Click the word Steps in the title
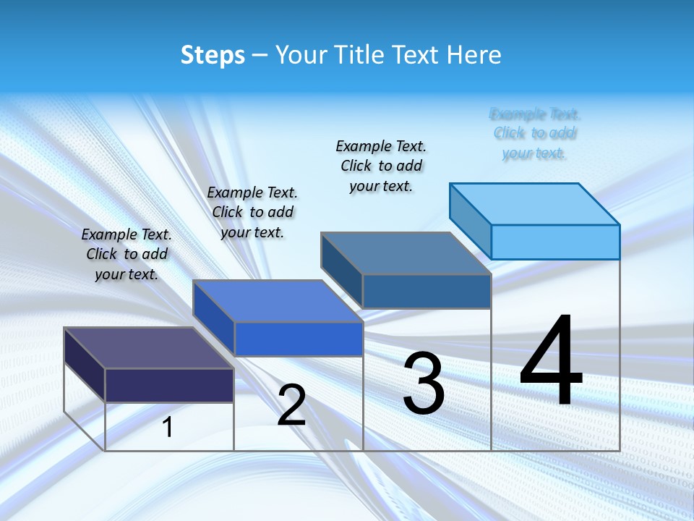(213, 55)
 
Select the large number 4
(552, 362)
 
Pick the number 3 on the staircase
(424, 384)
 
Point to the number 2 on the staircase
(292, 405)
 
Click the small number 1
(168, 427)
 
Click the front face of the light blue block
(555, 242)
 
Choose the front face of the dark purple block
(169, 385)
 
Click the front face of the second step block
(299, 339)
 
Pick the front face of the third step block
(427, 291)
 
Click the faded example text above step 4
(535, 133)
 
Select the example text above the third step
(381, 166)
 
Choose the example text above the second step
(252, 212)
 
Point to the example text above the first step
(127, 254)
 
